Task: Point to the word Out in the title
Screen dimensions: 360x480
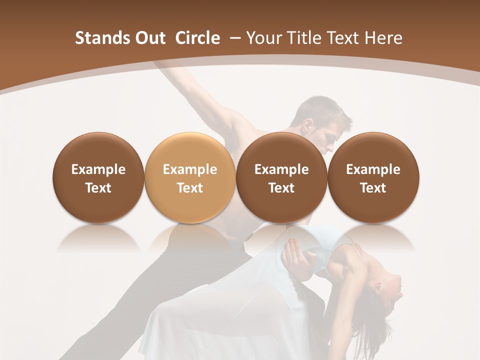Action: pyautogui.click(x=149, y=38)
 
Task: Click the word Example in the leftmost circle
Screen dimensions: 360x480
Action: pyautogui.click(x=98, y=169)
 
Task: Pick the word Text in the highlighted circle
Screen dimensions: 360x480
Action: pyautogui.click(x=189, y=188)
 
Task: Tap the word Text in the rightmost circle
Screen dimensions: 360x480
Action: pyautogui.click(x=373, y=188)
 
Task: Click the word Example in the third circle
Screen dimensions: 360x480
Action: pyautogui.click(x=281, y=169)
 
